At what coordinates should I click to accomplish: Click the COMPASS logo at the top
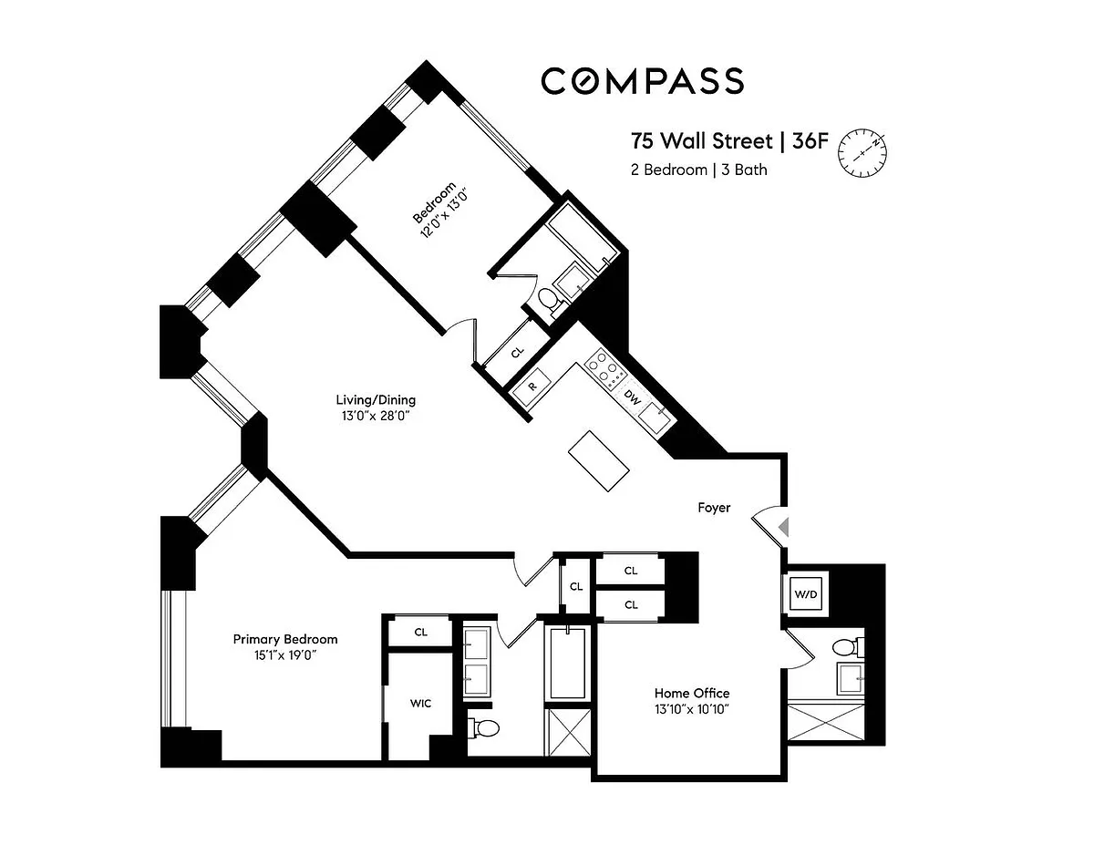click(642, 81)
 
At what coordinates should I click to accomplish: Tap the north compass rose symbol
click(862, 153)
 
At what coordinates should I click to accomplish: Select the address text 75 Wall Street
click(701, 141)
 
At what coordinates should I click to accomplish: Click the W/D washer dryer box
click(806, 593)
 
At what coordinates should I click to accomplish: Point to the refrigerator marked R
click(532, 387)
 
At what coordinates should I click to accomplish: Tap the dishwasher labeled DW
click(633, 398)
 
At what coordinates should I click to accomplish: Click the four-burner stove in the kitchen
click(605, 369)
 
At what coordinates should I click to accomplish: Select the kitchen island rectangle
click(599, 460)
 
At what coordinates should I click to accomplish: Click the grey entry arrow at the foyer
click(783, 528)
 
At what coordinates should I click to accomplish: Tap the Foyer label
click(714, 508)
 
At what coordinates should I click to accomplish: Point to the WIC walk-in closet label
click(420, 703)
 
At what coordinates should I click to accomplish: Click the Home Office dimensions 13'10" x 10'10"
click(692, 709)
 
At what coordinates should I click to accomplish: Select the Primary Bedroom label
click(285, 639)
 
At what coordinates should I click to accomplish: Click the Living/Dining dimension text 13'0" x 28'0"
click(375, 416)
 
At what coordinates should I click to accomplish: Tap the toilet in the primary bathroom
click(483, 727)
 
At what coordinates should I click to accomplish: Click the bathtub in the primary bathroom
click(568, 663)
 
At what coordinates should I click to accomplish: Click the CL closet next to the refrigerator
click(517, 352)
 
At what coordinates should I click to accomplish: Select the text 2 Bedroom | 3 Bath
click(698, 170)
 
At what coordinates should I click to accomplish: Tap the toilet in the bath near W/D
click(848, 647)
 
